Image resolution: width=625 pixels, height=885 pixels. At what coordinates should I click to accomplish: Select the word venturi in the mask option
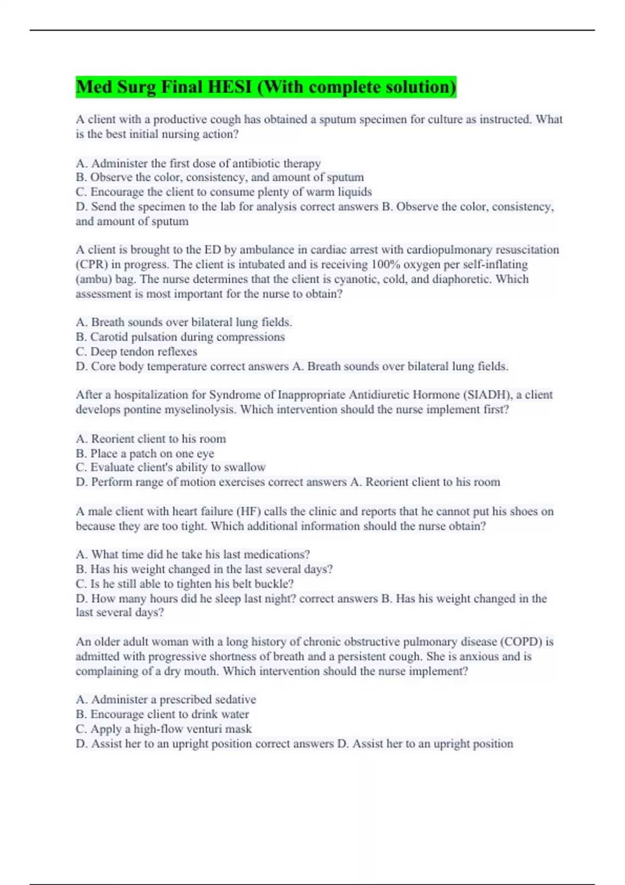[193, 729]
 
